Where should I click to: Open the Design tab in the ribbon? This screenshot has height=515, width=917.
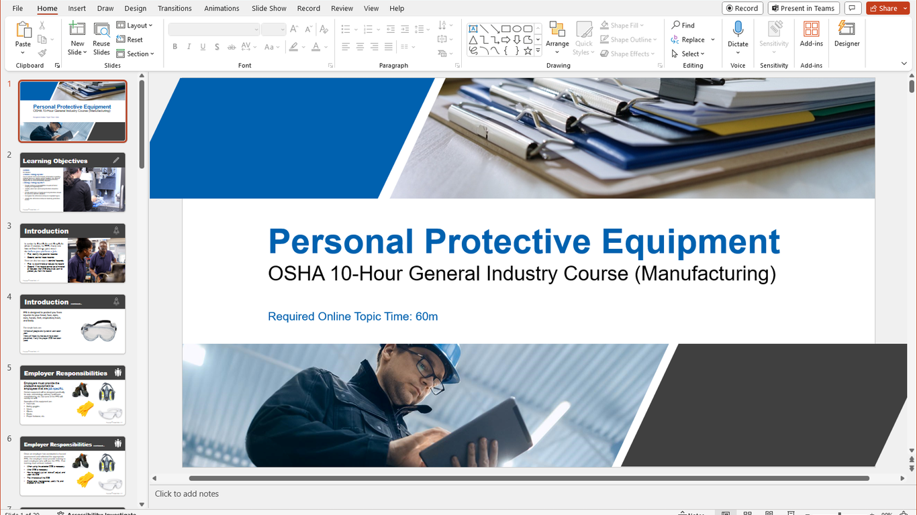135,9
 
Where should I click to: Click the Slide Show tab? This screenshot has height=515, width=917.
269,9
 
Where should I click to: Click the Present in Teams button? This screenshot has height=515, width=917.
803,8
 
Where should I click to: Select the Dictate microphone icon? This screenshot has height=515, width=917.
738,30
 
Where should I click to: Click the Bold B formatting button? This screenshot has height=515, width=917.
175,47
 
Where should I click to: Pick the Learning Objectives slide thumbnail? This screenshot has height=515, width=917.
73,182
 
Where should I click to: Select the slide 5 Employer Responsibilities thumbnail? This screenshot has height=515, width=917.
73,396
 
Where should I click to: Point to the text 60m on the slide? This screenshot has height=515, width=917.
426,317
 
